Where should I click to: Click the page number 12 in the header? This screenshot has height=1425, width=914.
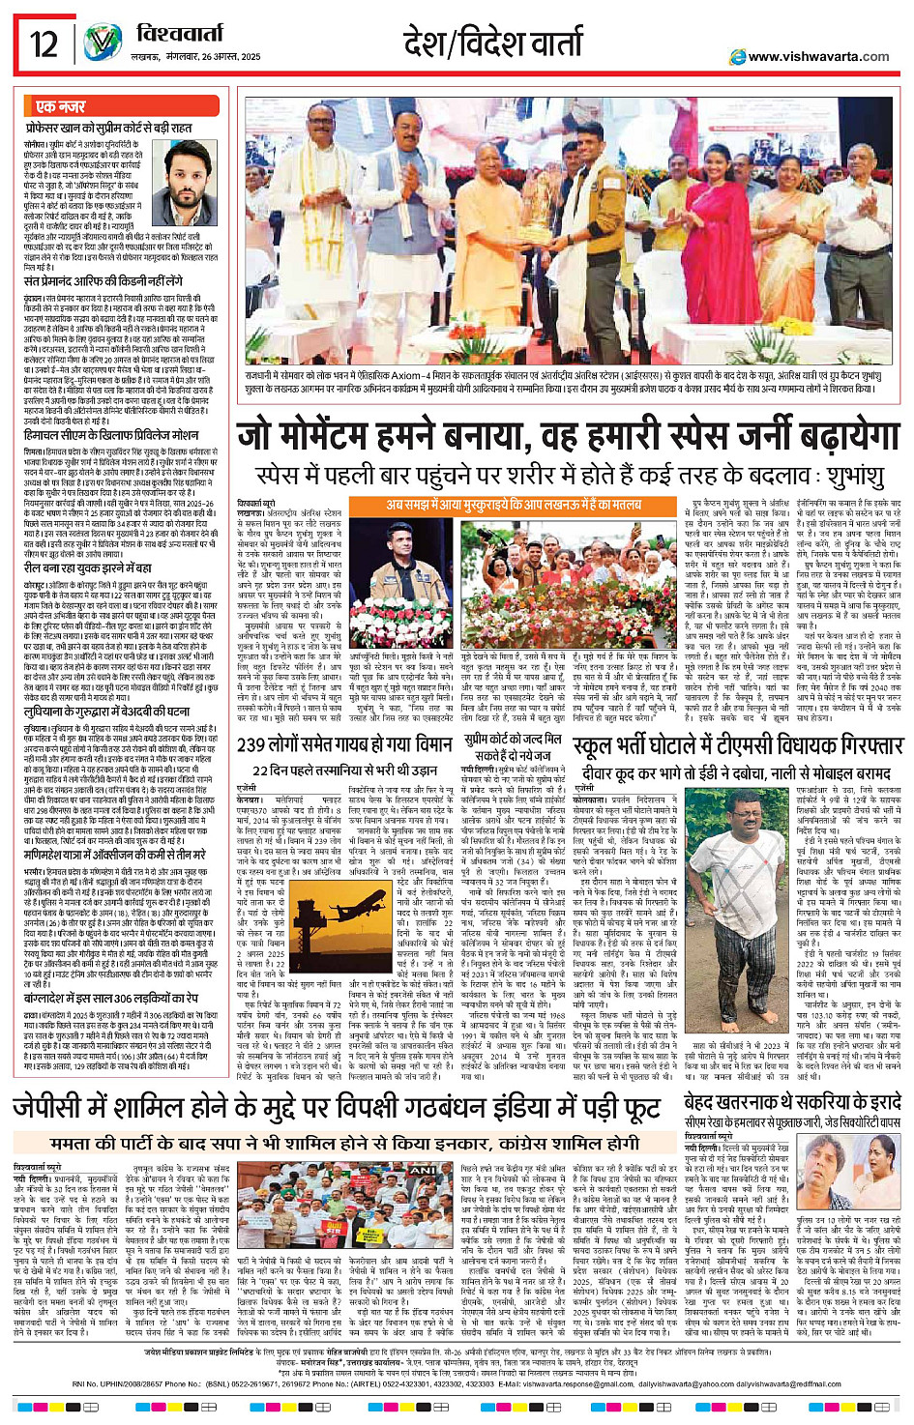coord(44,44)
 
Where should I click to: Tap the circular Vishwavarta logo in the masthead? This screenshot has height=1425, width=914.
coord(103,44)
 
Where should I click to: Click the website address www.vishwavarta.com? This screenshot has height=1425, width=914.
coord(818,57)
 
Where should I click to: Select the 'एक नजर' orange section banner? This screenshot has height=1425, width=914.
coord(60,106)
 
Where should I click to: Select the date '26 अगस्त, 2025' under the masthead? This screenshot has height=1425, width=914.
coord(222,57)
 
